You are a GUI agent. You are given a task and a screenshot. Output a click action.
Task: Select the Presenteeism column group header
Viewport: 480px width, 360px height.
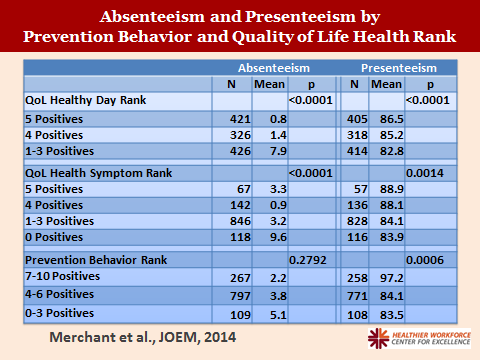(397, 67)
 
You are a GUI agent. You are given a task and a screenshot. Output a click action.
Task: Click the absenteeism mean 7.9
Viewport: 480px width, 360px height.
(268, 151)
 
